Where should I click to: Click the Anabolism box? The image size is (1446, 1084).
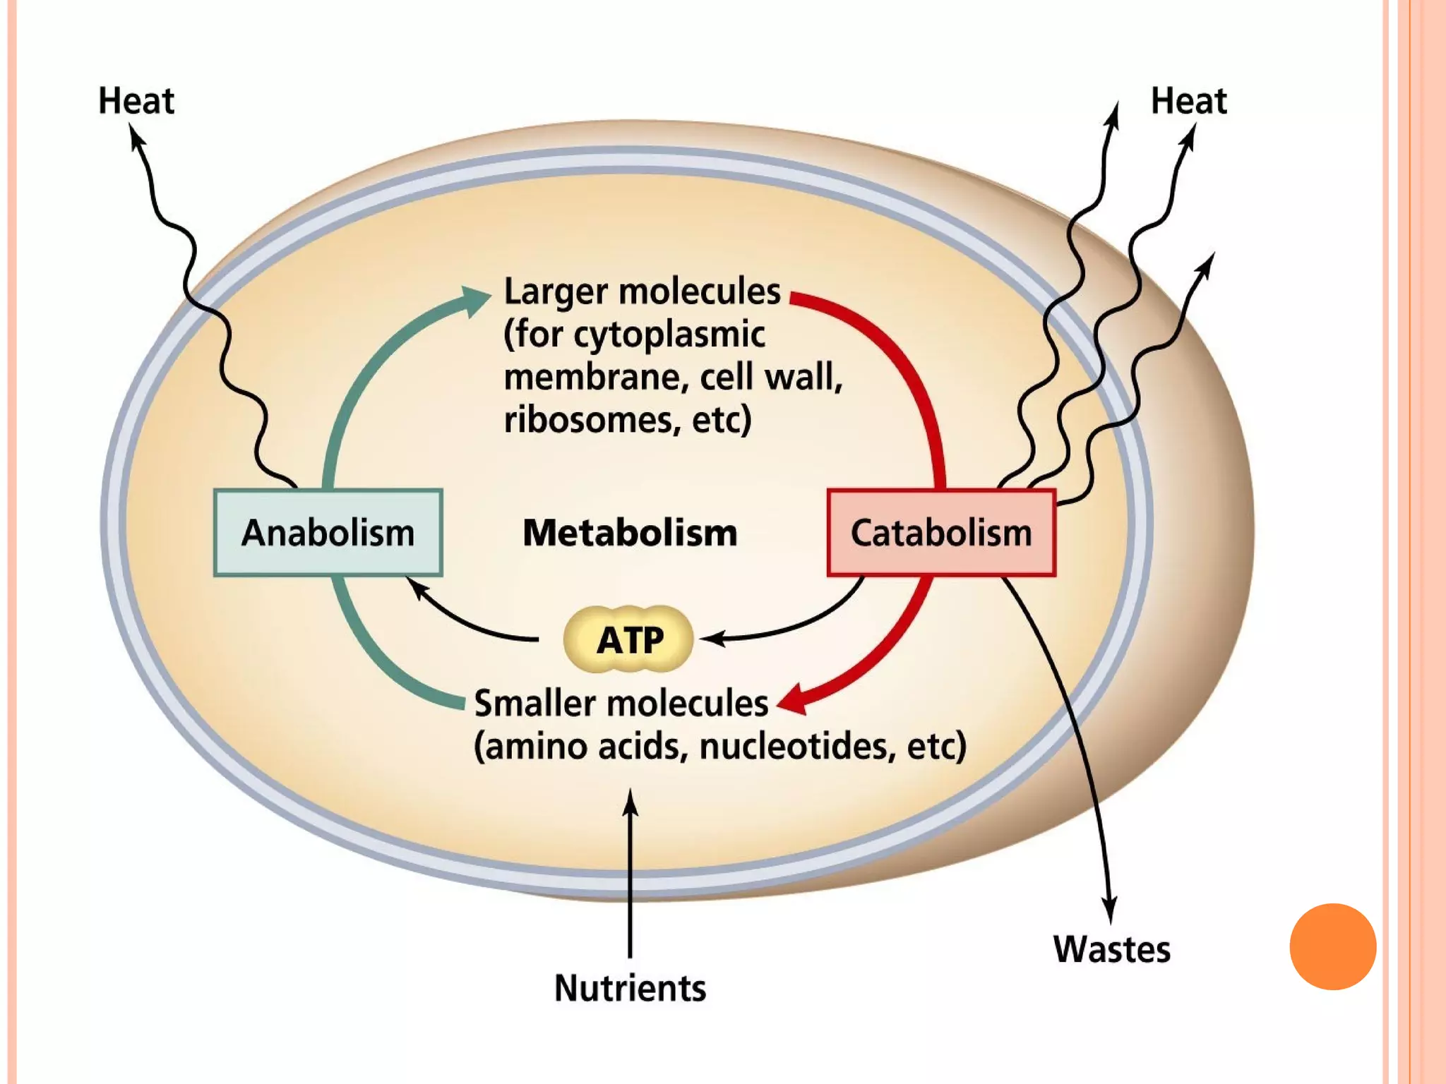pyautogui.click(x=328, y=533)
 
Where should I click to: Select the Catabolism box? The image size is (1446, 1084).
pyautogui.click(x=941, y=533)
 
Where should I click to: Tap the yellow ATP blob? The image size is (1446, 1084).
pyautogui.click(x=628, y=639)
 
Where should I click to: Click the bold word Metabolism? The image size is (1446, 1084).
pyautogui.click(x=630, y=533)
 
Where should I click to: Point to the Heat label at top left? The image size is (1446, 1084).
pyautogui.click(x=136, y=101)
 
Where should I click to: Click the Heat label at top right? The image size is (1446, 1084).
pyautogui.click(x=1189, y=101)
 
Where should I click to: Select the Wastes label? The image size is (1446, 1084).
pyautogui.click(x=1112, y=949)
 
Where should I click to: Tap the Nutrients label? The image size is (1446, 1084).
pyautogui.click(x=630, y=988)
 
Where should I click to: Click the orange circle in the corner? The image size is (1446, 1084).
pyautogui.click(x=1332, y=946)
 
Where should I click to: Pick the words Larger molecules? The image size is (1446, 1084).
pyautogui.click(x=642, y=291)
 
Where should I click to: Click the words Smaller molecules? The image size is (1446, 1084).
pyautogui.click(x=621, y=704)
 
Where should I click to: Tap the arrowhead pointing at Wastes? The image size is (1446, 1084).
pyautogui.click(x=1110, y=910)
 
